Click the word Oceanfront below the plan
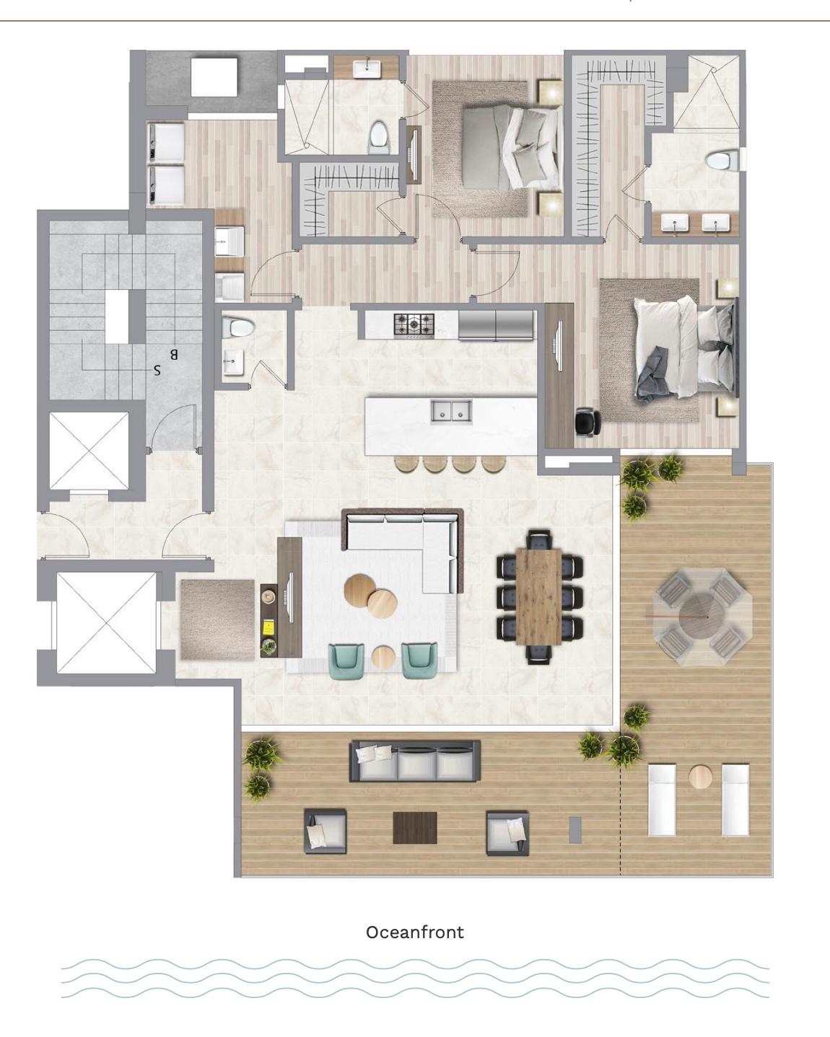(415, 932)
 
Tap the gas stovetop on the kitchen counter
(414, 325)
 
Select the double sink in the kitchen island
(451, 410)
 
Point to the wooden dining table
(539, 596)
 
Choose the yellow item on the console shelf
(267, 627)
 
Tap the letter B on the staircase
(174, 355)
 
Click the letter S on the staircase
(157, 371)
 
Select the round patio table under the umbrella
(702, 617)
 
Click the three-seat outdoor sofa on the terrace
(415, 761)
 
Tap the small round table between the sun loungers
(700, 777)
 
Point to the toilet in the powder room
(237, 327)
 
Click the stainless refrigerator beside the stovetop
(496, 325)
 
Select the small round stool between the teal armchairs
(383, 656)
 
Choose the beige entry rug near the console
(217, 619)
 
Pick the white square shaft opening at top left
(214, 77)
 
